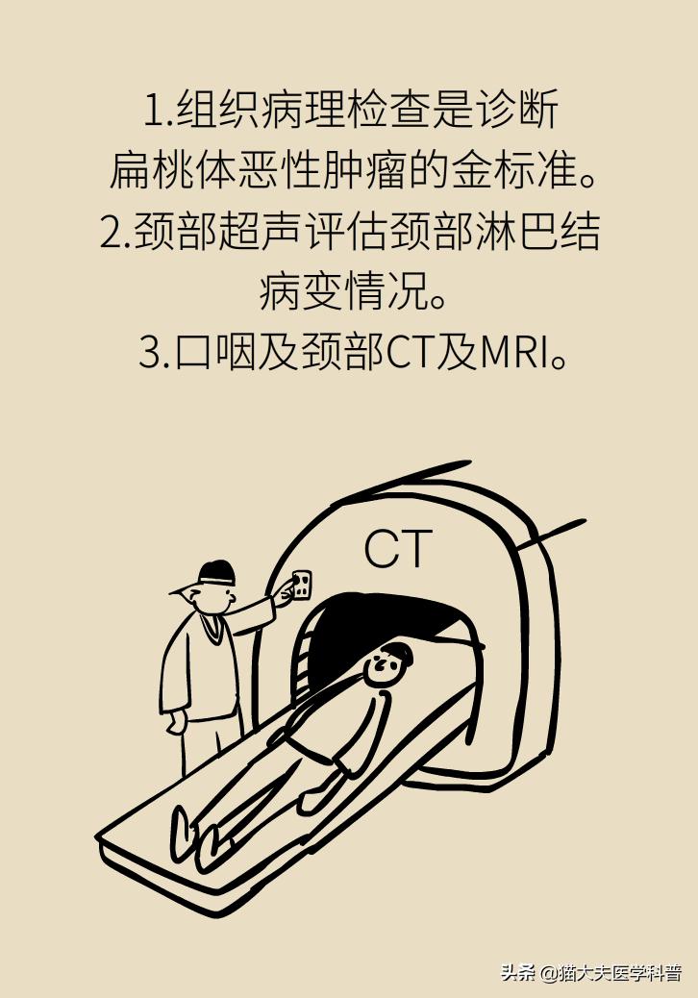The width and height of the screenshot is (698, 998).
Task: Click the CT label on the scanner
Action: click(398, 549)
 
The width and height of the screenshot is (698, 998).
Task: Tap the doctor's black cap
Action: click(217, 573)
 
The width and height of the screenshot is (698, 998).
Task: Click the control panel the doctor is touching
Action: click(301, 585)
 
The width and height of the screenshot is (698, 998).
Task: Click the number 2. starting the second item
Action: click(114, 233)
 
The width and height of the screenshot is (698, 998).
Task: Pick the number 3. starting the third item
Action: click(154, 354)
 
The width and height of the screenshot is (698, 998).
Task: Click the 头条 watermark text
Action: click(517, 972)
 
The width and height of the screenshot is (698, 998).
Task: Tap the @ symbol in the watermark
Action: click(549, 973)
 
